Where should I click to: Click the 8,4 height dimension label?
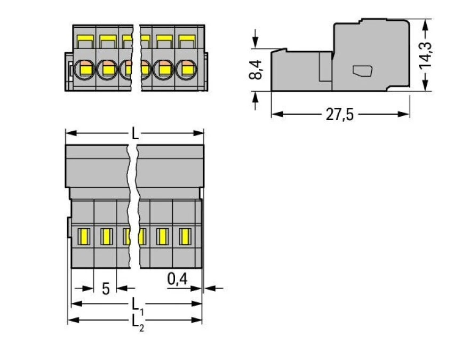click(256, 70)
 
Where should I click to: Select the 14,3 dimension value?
click(425, 54)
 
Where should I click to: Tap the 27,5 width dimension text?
click(340, 115)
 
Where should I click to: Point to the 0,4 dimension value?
click(177, 278)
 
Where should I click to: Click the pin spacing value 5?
click(106, 289)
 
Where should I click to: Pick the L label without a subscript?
click(135, 133)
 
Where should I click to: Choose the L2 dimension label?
click(137, 321)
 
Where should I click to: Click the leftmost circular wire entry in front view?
click(84, 68)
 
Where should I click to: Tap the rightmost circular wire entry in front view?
click(186, 68)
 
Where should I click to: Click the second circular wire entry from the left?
click(107, 68)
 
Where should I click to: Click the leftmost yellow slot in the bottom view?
click(83, 235)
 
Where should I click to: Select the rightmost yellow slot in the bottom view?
click(185, 235)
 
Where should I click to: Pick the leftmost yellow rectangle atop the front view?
click(84, 39)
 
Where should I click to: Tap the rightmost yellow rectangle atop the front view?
click(186, 39)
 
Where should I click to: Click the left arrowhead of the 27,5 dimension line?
click(275, 114)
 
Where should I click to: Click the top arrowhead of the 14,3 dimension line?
click(425, 23)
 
